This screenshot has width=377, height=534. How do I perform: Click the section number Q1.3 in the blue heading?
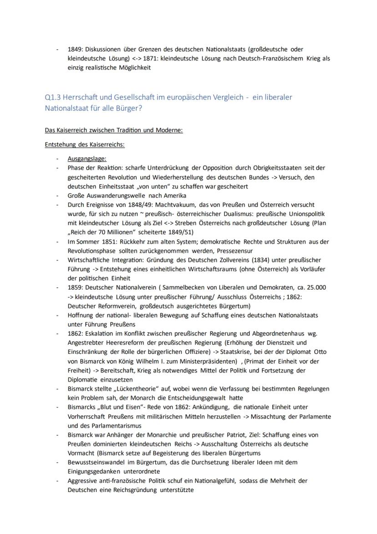point(54,97)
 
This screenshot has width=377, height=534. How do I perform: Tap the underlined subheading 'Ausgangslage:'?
point(87,159)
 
